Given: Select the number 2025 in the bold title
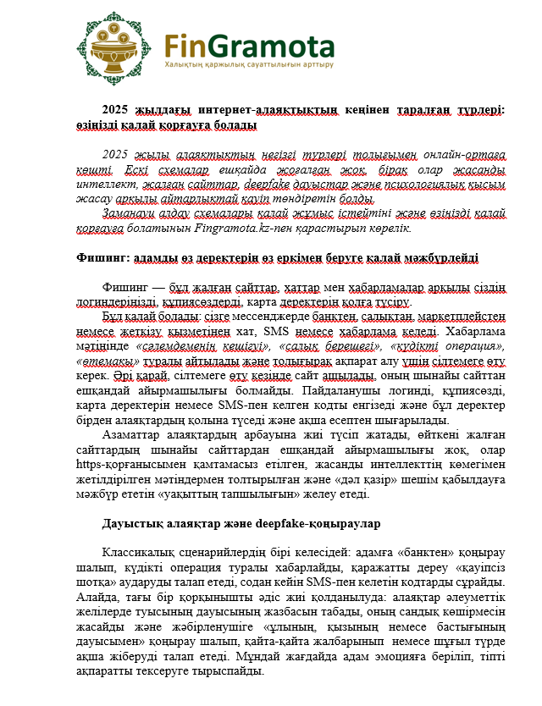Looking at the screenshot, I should click(x=117, y=110).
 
